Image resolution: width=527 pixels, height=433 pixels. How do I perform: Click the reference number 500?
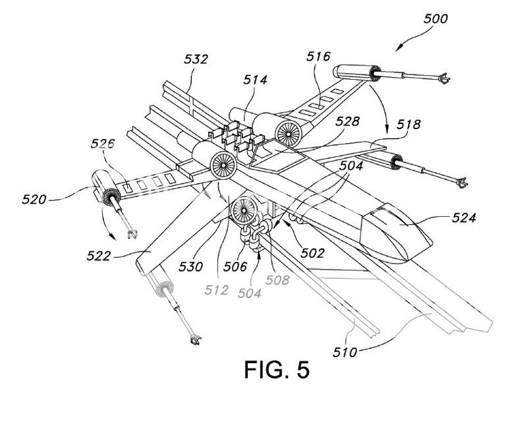(435, 19)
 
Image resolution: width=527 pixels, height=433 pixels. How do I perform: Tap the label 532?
(196, 59)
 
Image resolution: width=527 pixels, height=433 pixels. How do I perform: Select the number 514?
(256, 80)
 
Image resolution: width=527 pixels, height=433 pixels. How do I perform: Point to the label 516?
(318, 57)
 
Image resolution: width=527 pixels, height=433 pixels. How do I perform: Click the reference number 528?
(347, 121)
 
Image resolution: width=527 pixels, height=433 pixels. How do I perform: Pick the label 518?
(408, 125)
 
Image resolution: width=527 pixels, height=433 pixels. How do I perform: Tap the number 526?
(103, 144)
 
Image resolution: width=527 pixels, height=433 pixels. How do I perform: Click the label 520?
(34, 200)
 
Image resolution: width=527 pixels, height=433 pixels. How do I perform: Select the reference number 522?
(98, 256)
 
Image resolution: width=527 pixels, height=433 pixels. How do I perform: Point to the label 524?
(464, 218)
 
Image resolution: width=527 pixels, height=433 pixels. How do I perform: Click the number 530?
(190, 267)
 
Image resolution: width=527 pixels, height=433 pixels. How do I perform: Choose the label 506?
(235, 267)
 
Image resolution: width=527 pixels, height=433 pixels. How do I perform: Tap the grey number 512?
(217, 290)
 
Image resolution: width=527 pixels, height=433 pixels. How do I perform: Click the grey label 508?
(277, 280)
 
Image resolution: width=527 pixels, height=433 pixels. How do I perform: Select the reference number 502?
(312, 253)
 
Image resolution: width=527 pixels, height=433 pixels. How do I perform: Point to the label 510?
(345, 353)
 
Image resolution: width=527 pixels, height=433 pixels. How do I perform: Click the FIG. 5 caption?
(277, 370)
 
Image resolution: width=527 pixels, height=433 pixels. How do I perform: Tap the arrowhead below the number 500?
(399, 48)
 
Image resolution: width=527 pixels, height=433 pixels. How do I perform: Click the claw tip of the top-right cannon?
(445, 79)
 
